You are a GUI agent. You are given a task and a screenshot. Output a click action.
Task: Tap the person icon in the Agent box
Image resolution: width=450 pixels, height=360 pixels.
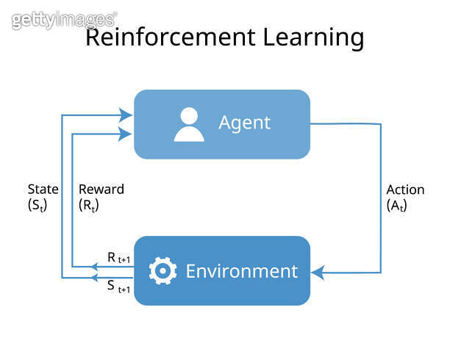coord(189,124)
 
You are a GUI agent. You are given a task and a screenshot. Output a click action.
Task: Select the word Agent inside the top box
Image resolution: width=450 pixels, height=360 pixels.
coord(244,123)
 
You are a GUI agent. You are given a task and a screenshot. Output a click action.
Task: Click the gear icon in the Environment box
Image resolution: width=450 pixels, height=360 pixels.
coord(162,271)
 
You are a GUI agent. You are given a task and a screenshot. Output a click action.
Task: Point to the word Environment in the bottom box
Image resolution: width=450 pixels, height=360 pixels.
coord(241,271)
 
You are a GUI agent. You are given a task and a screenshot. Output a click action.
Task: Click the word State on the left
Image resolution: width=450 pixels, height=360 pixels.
coord(43,189)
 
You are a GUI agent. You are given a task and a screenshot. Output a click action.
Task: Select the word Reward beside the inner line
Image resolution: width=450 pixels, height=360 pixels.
coord(101,189)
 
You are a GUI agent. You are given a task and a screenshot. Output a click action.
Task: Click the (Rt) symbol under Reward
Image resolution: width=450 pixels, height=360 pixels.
coord(89,206)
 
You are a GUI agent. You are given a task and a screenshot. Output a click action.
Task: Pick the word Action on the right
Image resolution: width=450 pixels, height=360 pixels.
coord(405,189)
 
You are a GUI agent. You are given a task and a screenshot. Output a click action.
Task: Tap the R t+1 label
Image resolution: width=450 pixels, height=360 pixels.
coord(118,258)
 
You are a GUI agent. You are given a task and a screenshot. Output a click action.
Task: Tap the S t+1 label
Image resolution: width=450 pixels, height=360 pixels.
coord(118,288)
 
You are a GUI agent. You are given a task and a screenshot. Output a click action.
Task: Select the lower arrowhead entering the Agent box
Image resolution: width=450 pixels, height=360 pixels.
coord(127,133)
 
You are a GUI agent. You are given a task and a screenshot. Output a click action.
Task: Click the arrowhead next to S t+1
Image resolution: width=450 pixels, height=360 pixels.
coord(93,278)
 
